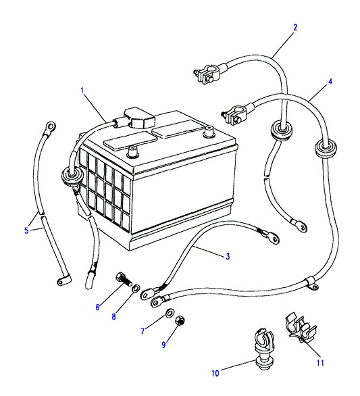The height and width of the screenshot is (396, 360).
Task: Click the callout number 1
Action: (82, 90)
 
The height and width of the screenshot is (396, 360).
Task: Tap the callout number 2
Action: (295, 27)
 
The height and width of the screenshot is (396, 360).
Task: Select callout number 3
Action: (228, 256)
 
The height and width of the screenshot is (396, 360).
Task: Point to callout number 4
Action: (330, 82)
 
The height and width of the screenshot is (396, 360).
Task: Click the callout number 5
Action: (26, 230)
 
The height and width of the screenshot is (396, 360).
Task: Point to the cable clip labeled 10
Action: (263, 349)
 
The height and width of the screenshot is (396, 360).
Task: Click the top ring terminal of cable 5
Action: (50, 126)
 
